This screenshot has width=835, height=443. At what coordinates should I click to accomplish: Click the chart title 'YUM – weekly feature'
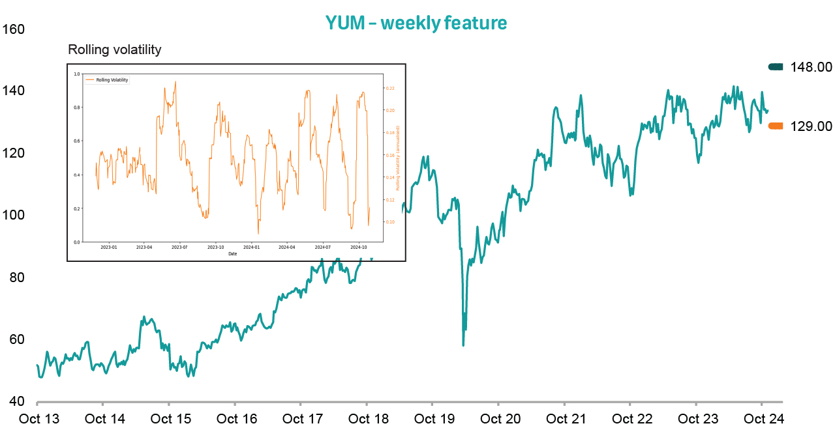pos(416,23)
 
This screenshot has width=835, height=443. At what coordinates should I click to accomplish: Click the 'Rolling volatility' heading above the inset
pos(115,50)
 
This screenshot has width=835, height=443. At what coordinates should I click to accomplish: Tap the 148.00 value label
pos(811,67)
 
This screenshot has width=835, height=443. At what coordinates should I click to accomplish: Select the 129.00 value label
pos(811,126)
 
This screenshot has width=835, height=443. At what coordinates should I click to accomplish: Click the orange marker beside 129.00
pos(776,126)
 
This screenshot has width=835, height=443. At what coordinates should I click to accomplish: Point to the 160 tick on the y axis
pos(13,29)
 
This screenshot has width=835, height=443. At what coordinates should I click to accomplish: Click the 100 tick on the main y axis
pos(13,215)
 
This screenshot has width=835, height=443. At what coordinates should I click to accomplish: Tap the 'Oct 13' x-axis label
pos(39,419)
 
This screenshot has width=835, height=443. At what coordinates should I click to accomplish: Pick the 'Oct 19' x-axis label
pos(434,419)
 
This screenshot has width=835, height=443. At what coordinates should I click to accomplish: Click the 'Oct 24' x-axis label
pos(763,419)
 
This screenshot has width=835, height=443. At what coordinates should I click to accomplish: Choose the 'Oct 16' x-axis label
pos(237,419)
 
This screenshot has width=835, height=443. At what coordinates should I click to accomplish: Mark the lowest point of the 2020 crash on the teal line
pos(463,345)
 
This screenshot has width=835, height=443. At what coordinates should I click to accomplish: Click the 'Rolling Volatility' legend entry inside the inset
pos(112,79)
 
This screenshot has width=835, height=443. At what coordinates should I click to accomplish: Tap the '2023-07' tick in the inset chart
pos(179,248)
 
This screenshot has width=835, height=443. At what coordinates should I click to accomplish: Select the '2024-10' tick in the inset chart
pos(359,248)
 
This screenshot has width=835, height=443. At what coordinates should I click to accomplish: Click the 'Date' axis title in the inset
pos(233,253)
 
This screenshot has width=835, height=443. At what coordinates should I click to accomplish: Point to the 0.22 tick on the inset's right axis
pos(390,88)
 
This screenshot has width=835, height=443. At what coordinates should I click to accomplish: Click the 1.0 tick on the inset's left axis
pos(76,74)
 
